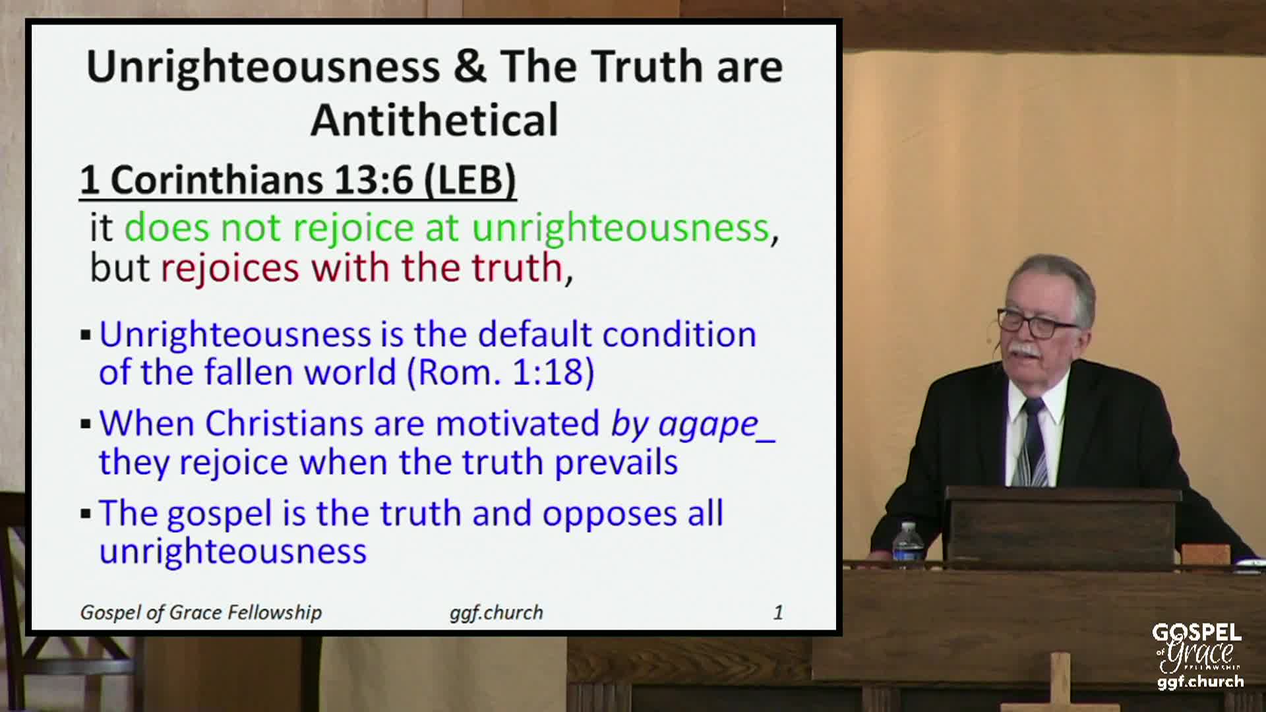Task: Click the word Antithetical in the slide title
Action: pos(435,120)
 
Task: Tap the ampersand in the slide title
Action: pos(469,67)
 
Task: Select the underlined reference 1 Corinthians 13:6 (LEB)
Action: pos(298,180)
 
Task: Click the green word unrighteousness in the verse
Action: pos(620,227)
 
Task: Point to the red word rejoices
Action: pos(230,268)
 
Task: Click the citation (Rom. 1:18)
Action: pos(501,372)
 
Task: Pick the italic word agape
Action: pos(708,425)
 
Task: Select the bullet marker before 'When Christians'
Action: pos(85,424)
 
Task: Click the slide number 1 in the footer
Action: pos(778,612)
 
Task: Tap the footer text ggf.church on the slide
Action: pos(496,612)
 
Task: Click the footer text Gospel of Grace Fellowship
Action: pos(201,612)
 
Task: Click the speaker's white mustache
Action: pos(1026,349)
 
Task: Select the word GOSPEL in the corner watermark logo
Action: pos(1197,633)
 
